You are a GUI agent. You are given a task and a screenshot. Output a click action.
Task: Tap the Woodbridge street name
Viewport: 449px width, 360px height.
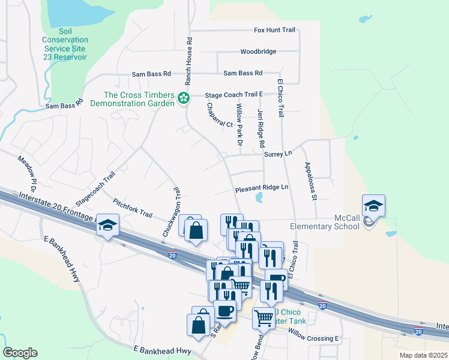pos(258,52)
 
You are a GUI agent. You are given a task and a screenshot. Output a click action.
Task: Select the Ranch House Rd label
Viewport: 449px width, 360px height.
pos(188,61)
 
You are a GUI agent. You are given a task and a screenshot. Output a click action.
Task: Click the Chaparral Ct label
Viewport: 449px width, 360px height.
pos(220,115)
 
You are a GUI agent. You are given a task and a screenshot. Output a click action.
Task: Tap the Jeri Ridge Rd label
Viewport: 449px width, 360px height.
pos(261,128)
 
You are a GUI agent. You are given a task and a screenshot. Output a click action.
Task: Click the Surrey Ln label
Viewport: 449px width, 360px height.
pos(277,154)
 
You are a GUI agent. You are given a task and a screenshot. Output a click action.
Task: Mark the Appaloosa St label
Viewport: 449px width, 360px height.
pos(310,181)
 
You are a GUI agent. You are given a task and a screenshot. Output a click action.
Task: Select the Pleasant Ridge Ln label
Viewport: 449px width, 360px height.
pos(262,188)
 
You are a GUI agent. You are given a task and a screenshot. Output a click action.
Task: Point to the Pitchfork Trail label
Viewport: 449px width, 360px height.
pos(132,206)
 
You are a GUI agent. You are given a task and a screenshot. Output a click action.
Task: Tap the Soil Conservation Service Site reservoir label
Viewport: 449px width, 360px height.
pos(70,49)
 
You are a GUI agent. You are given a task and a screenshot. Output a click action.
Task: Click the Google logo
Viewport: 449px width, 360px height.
pos(20,353)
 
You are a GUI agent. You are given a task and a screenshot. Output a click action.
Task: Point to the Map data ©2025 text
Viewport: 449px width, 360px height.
pos(423,355)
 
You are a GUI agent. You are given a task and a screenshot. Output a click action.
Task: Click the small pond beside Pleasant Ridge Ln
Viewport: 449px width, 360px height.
pos(259,197)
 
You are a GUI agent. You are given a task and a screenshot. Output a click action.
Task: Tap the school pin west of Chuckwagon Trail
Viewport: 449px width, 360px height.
pos(107,226)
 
